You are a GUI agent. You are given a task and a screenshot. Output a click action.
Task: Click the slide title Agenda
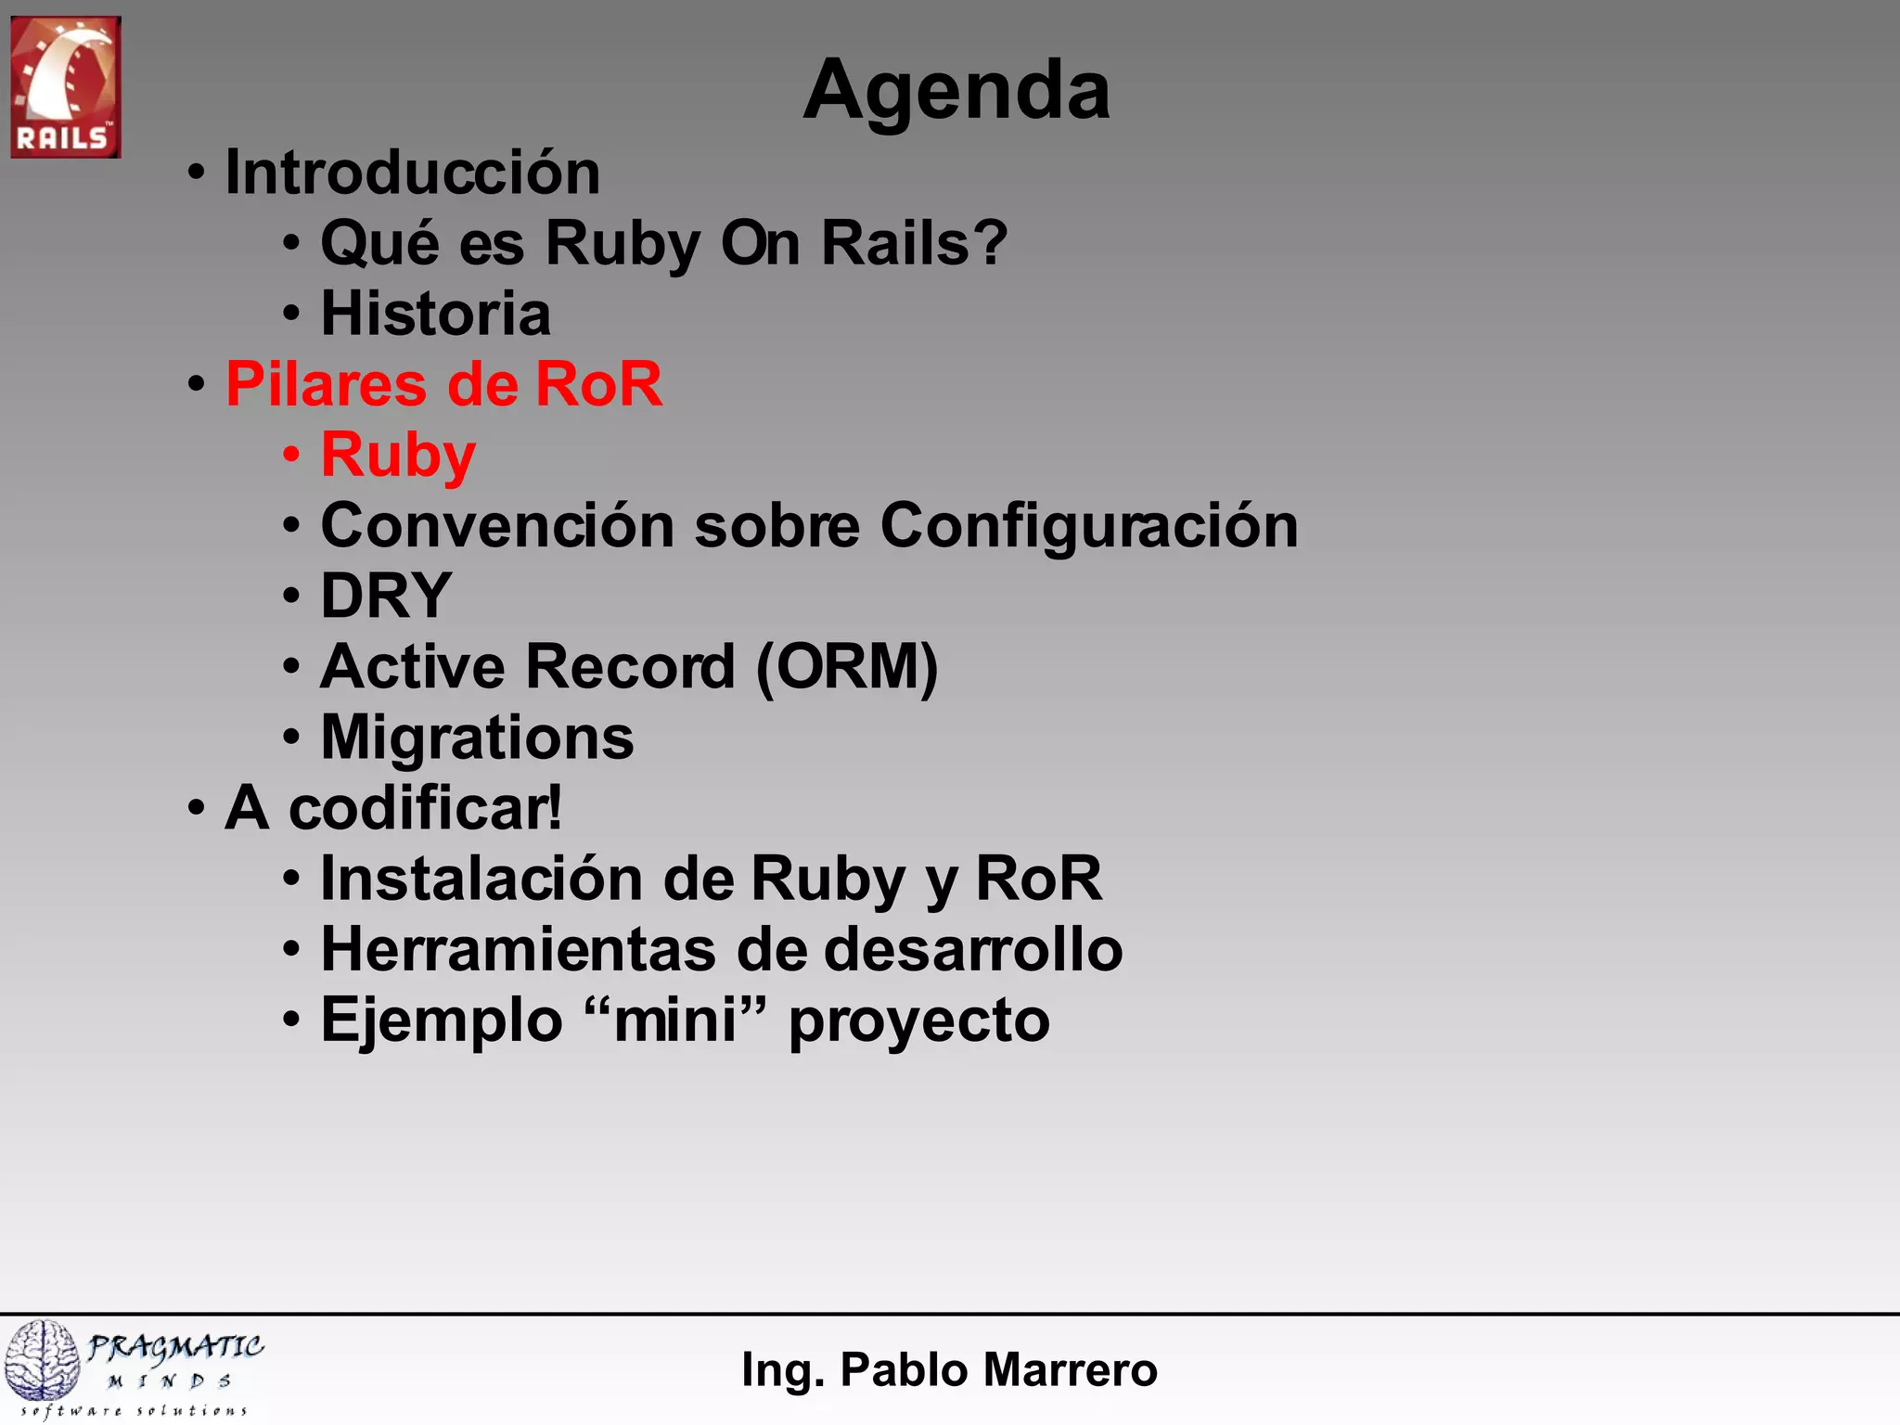[x=956, y=91]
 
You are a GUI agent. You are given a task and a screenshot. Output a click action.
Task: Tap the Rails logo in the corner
[x=65, y=86]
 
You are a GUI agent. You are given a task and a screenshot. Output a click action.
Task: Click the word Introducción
[x=413, y=173]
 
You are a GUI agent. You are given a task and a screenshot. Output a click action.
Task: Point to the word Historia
[x=435, y=314]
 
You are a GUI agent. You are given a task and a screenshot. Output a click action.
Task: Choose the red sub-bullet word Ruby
[x=398, y=456]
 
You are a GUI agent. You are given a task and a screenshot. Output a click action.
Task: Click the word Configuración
[x=1088, y=526]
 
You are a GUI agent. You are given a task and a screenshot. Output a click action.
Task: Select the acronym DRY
[x=386, y=596]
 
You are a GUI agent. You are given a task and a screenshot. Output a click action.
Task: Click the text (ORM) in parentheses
[x=846, y=667]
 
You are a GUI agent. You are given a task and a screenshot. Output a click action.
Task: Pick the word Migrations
[x=477, y=738]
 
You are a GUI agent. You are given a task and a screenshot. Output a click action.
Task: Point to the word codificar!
[x=425, y=808]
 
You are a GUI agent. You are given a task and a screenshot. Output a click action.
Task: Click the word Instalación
[x=481, y=879]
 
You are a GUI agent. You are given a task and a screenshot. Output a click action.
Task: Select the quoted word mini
[x=675, y=1020]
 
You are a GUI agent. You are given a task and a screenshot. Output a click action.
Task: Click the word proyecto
[x=918, y=1021]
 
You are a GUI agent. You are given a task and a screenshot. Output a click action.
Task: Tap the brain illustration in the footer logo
[x=42, y=1360]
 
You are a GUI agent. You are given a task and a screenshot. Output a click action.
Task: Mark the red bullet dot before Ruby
[x=292, y=456]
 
